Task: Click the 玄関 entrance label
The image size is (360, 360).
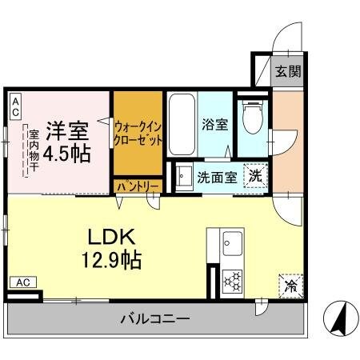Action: tap(288, 70)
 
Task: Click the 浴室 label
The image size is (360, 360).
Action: tap(215, 125)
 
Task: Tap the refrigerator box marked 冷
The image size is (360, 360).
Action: tap(291, 285)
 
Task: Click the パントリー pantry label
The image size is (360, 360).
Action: tap(138, 186)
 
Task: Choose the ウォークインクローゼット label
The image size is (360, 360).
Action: tap(138, 132)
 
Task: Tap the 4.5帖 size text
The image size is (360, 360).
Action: tap(67, 152)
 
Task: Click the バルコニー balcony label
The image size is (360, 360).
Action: tap(155, 319)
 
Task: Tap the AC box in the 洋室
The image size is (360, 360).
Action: tap(16, 107)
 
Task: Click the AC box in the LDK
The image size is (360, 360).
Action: tap(22, 282)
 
